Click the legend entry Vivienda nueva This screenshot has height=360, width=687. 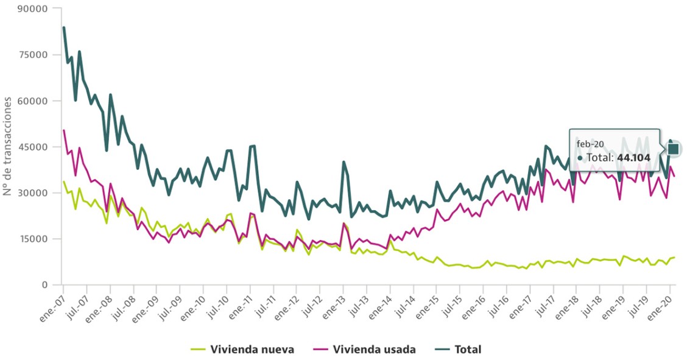pyautogui.click(x=252, y=349)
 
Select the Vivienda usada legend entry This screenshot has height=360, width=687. pyautogui.click(x=374, y=349)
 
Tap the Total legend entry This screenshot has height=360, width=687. pyautogui.click(x=467, y=349)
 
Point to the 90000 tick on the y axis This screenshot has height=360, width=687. pyautogui.click(x=33, y=9)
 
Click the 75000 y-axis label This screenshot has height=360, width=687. pyautogui.click(x=33, y=55)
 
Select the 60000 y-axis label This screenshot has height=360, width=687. pyautogui.click(x=33, y=101)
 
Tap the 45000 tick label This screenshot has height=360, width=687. pyautogui.click(x=33, y=147)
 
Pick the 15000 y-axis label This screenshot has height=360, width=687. pyautogui.click(x=33, y=239)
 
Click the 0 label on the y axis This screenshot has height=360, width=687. pyautogui.click(x=44, y=285)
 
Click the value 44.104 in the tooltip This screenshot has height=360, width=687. pyautogui.click(x=633, y=158)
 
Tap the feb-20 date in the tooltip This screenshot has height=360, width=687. pyautogui.click(x=590, y=144)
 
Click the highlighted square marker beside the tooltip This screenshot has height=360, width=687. pyautogui.click(x=673, y=149)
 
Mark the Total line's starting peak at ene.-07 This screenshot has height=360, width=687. pyautogui.click(x=63, y=27)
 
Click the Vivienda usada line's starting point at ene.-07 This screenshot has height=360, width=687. pyautogui.click(x=63, y=130)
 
